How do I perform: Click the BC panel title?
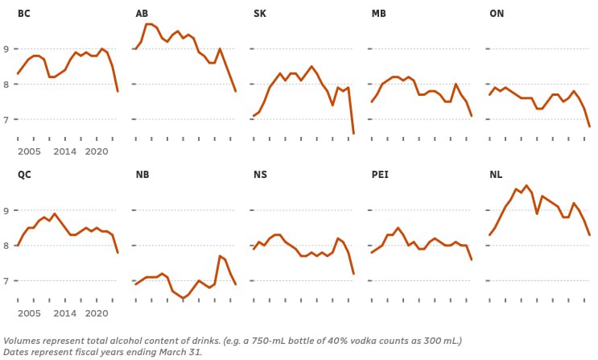23,14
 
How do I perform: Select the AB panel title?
142,14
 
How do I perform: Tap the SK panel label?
260,14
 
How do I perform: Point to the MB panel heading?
379,14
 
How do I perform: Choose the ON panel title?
497,14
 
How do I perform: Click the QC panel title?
24,175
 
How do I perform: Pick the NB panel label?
142,175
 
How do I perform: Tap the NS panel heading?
260,175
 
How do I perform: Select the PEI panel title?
380,175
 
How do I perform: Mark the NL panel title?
496,175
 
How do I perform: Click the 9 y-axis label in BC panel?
6,49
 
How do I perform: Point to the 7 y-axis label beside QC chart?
6,280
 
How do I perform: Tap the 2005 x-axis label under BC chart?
29,151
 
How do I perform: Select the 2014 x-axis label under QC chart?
65,313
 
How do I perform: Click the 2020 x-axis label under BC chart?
97,151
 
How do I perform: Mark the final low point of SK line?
353,134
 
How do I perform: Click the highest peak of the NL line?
526,185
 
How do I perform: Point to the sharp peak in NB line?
220,256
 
